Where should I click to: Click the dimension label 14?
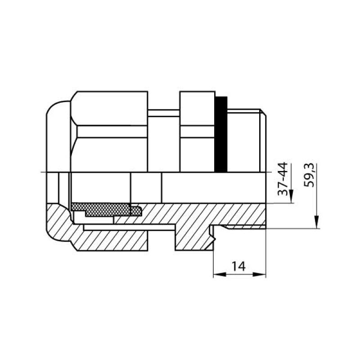[238, 266]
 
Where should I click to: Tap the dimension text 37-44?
[283, 179]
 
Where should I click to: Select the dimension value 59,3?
[308, 175]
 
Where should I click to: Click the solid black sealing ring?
[221, 134]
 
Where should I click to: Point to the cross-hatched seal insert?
[106, 209]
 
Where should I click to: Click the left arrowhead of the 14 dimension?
[220, 274]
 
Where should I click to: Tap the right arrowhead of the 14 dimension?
[260, 274]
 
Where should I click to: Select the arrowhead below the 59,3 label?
[317, 222]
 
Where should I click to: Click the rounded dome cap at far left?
[58, 137]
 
